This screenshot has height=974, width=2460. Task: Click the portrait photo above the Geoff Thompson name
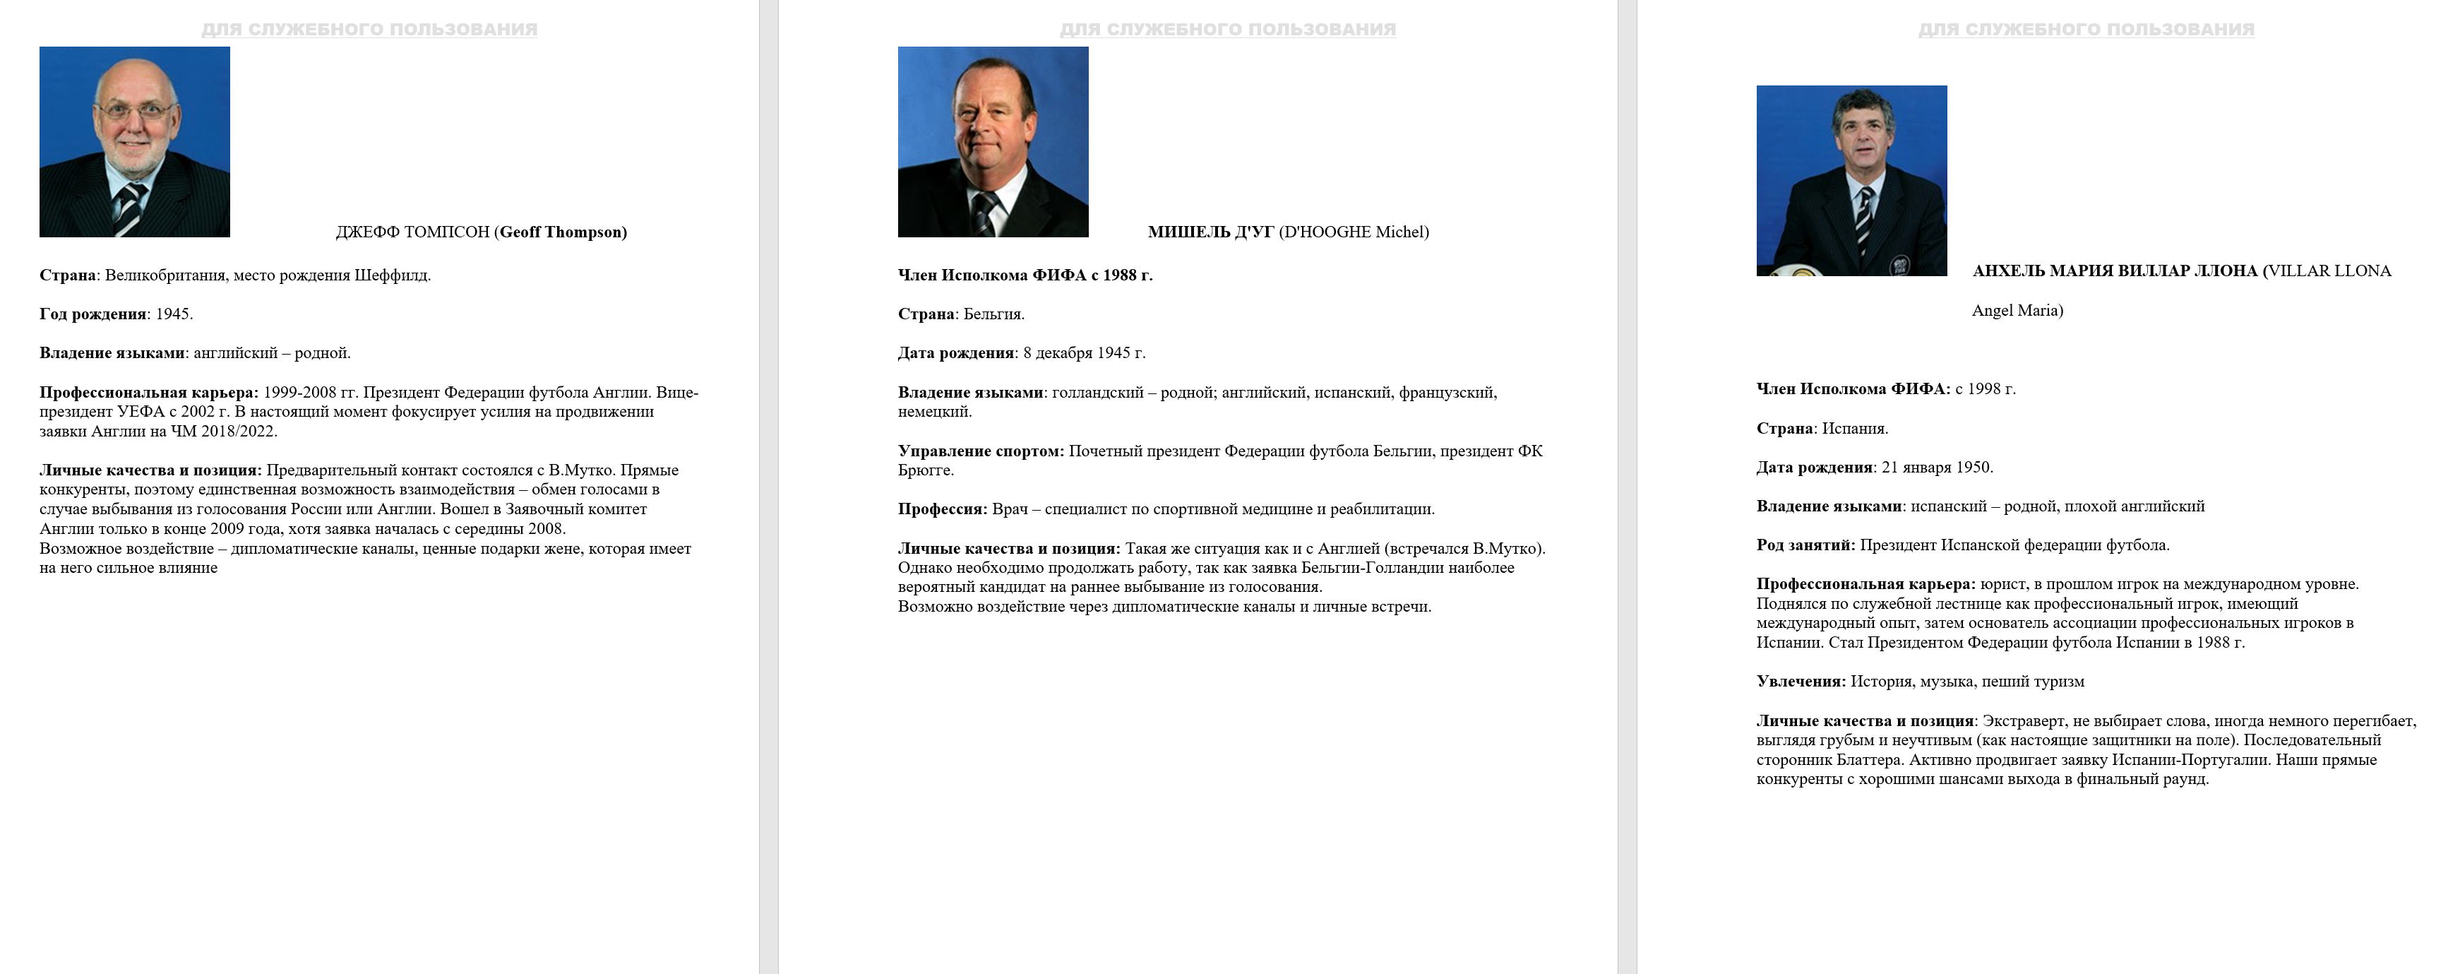tap(135, 141)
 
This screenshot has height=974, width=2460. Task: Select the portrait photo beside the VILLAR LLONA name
tap(1851, 181)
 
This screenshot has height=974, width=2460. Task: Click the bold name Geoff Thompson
tap(561, 232)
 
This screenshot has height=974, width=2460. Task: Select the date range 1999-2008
tap(298, 393)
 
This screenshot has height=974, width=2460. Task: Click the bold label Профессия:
tap(943, 510)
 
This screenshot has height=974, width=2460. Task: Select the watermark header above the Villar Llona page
tap(2086, 30)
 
